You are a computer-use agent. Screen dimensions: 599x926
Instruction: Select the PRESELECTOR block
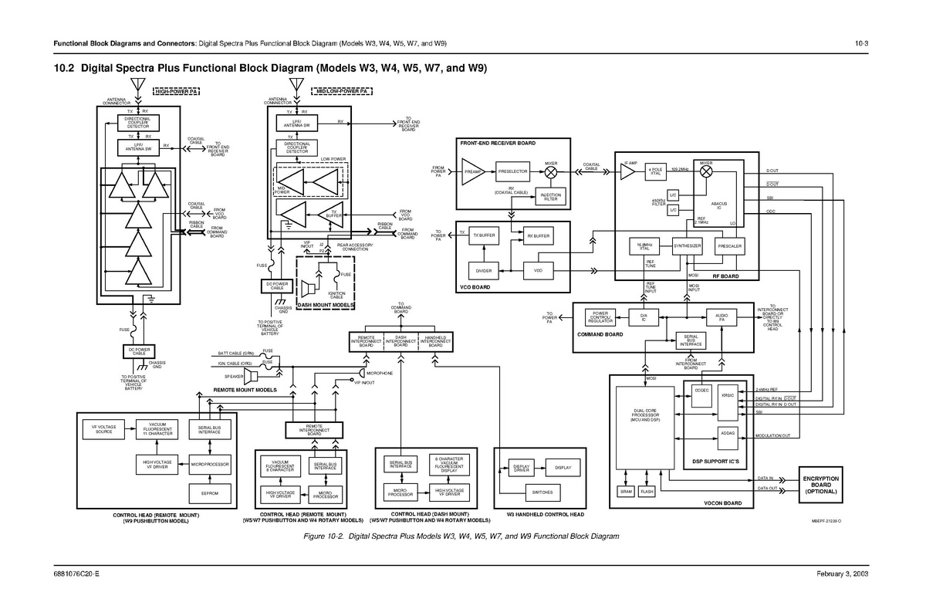click(x=513, y=171)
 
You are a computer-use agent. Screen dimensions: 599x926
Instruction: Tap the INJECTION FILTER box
click(x=550, y=198)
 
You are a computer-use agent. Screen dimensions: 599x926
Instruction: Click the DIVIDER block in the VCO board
click(x=484, y=271)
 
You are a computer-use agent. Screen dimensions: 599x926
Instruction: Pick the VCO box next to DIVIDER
click(x=539, y=271)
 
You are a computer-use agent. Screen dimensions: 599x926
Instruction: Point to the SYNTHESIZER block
click(x=687, y=246)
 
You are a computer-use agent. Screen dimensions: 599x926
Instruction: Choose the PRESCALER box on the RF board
click(x=729, y=246)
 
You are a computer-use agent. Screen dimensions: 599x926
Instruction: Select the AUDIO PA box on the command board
click(x=722, y=317)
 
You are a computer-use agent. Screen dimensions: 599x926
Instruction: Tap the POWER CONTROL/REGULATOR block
click(x=600, y=317)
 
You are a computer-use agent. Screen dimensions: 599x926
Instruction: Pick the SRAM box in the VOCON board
click(x=627, y=492)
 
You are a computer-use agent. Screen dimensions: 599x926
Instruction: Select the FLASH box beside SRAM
click(x=647, y=492)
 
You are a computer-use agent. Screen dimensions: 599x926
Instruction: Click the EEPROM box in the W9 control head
click(x=210, y=492)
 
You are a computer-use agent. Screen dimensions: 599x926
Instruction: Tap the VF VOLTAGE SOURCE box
click(x=103, y=429)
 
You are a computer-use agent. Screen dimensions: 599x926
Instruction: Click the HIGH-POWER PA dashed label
click(x=176, y=92)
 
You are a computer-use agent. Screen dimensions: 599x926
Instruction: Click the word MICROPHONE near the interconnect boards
click(x=380, y=373)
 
